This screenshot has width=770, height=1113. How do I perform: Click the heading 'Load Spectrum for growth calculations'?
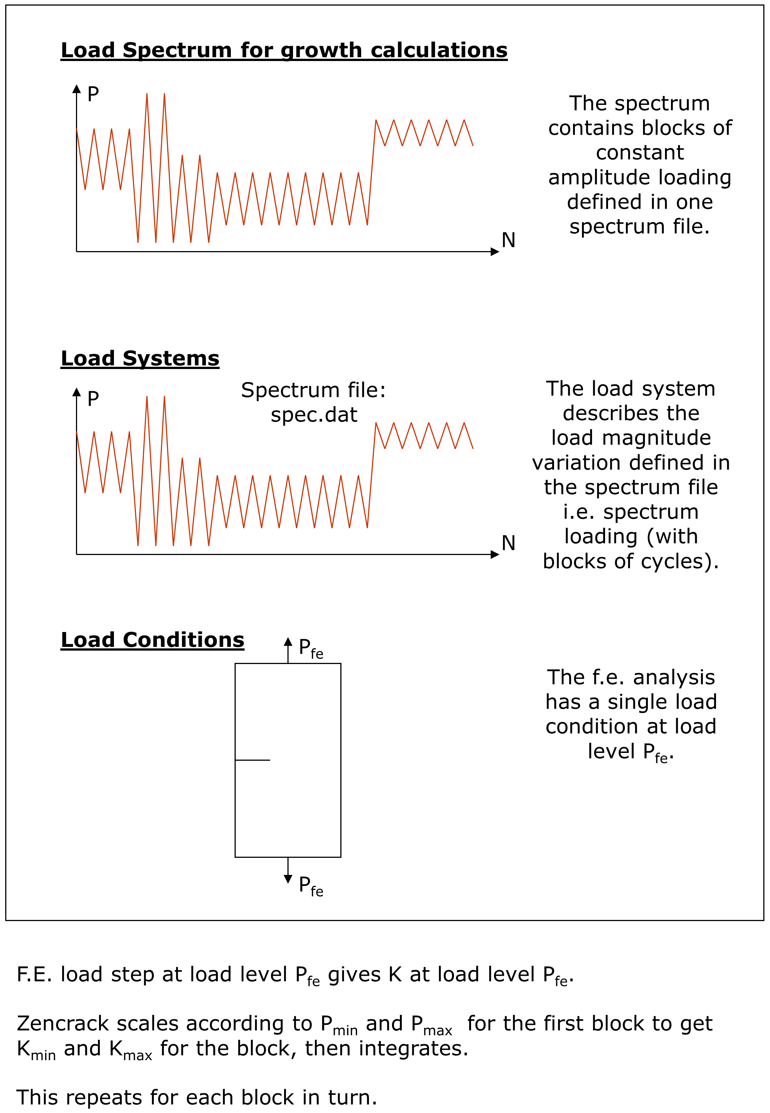[x=284, y=50]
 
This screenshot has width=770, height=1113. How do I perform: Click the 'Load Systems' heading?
[x=140, y=358]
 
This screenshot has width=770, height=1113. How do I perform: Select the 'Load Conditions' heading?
[x=152, y=640]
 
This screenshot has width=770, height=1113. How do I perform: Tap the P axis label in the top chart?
[x=93, y=94]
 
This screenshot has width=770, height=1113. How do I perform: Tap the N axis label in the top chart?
[x=509, y=240]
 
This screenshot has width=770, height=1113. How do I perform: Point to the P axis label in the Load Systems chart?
[x=93, y=399]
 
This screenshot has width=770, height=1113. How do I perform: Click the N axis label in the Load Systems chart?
[x=509, y=543]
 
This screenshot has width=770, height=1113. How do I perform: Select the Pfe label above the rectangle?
[x=310, y=648]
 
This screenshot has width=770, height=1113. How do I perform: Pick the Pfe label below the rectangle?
[x=310, y=886]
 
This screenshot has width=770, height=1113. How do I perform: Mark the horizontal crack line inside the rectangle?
[x=252, y=760]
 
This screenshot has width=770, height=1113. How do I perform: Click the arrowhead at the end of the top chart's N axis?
[x=495, y=251]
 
